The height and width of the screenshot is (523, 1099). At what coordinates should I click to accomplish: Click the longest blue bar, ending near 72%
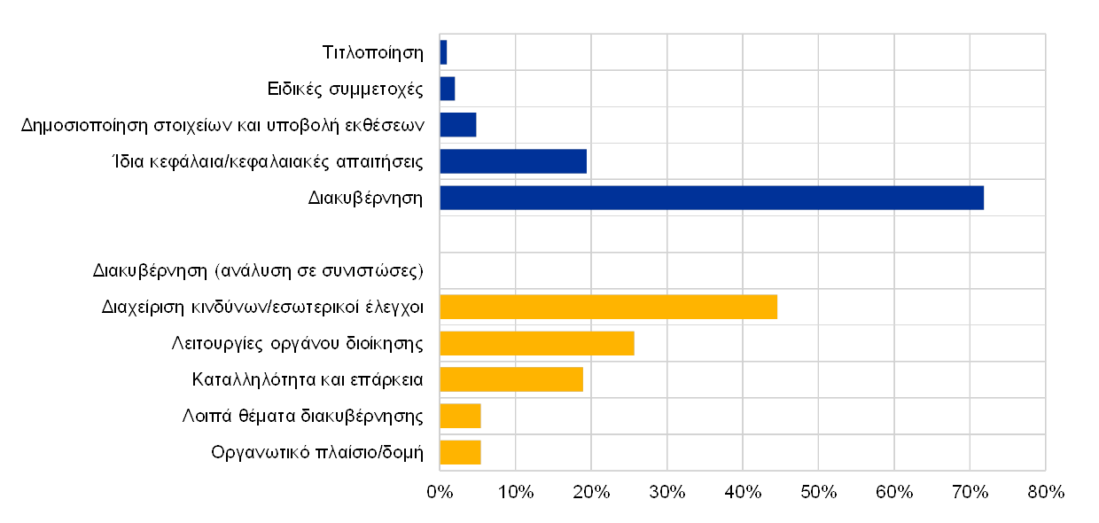[712, 198]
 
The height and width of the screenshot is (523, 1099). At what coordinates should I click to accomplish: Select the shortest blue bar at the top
[443, 52]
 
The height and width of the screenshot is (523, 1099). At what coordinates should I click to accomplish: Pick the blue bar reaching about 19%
[513, 161]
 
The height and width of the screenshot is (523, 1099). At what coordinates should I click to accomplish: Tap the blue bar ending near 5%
[458, 125]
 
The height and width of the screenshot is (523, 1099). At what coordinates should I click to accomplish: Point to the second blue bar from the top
[448, 89]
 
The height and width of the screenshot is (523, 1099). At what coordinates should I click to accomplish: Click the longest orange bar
[609, 307]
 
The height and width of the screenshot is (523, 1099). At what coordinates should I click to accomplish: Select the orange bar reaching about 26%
[537, 343]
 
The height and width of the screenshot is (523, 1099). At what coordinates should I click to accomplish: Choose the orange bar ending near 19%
[511, 379]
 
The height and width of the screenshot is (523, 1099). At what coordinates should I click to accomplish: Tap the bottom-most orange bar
[460, 452]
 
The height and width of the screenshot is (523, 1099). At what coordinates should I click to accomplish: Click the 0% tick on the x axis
[440, 492]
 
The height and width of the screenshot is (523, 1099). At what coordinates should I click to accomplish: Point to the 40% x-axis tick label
[743, 492]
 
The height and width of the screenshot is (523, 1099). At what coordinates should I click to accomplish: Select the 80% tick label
[1046, 492]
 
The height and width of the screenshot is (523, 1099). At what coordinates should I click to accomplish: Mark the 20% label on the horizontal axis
[591, 492]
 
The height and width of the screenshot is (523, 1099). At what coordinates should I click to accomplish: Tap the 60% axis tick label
[894, 492]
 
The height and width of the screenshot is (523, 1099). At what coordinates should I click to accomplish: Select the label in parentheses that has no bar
[258, 270]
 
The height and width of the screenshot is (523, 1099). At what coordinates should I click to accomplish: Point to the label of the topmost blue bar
[384, 52]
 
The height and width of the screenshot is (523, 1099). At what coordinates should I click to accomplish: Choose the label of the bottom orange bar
[317, 453]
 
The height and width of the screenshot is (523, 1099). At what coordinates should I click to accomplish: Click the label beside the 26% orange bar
[297, 344]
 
